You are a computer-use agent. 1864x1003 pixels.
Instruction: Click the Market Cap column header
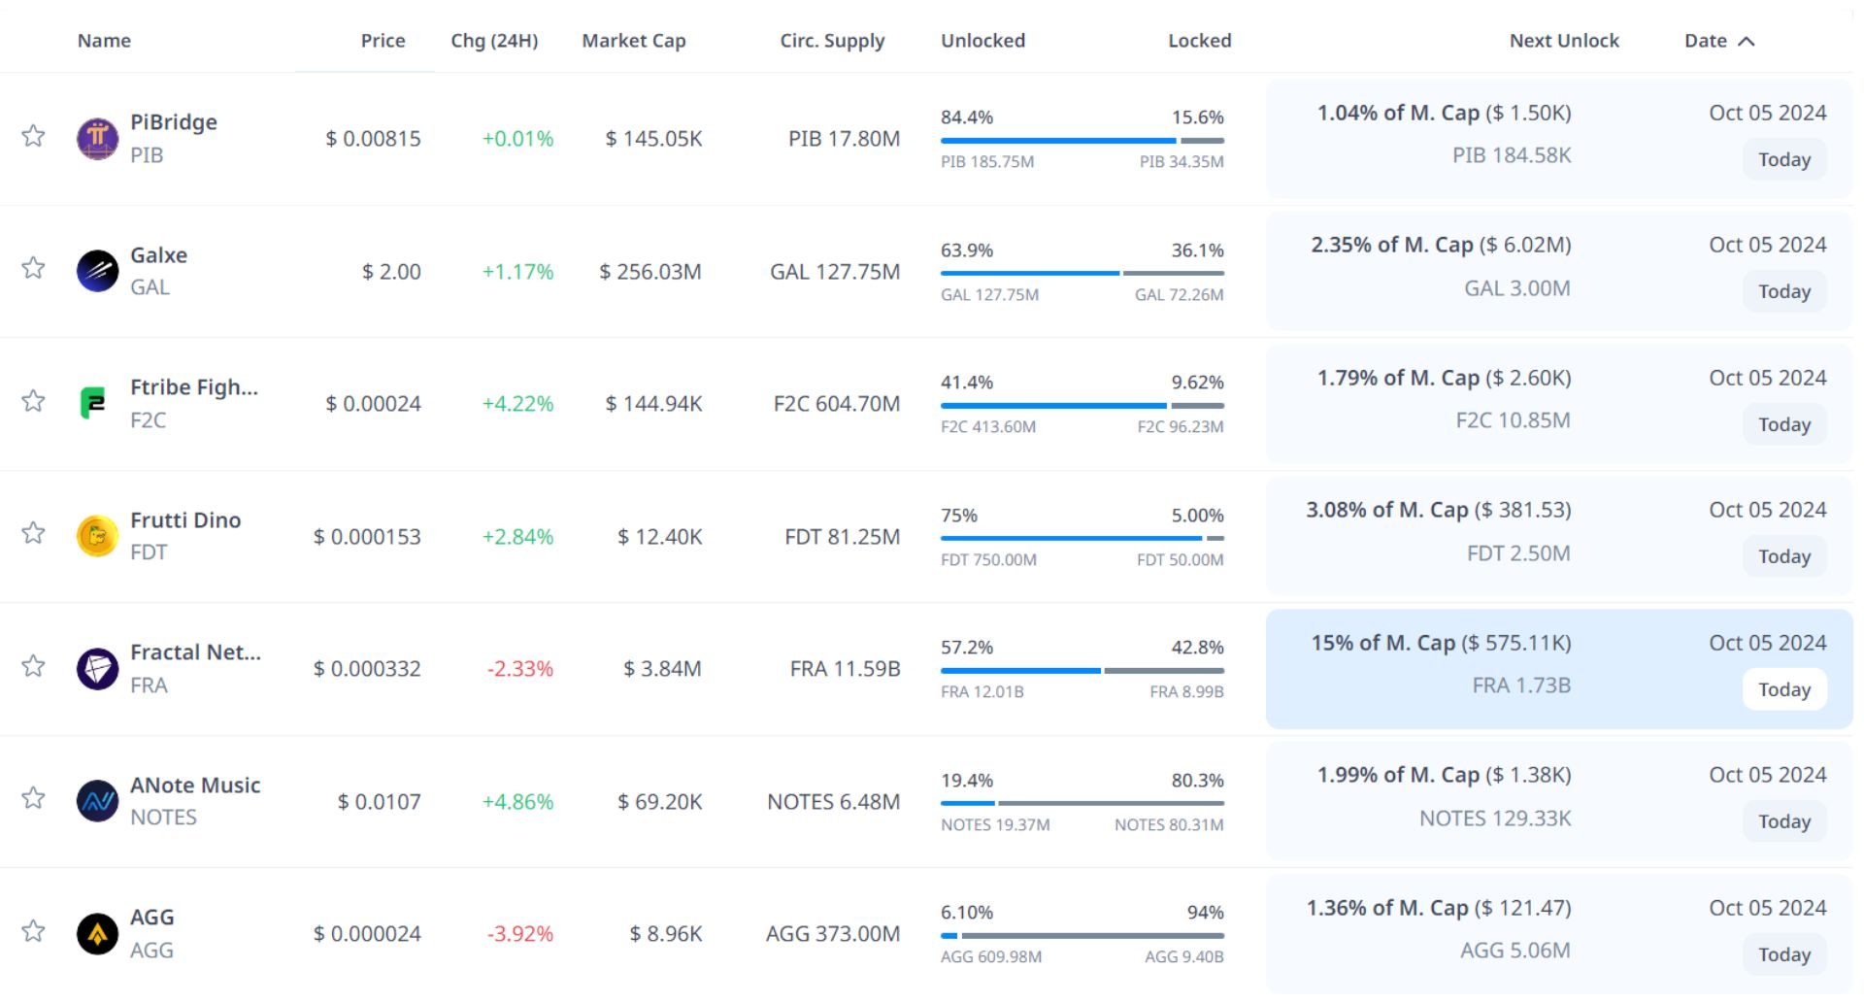click(x=633, y=41)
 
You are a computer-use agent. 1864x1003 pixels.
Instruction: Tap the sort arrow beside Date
click(x=1746, y=41)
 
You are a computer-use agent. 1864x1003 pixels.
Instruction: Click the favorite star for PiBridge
click(x=34, y=136)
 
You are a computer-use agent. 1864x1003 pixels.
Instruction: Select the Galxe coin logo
click(x=97, y=271)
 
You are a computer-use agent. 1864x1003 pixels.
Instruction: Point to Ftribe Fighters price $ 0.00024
click(x=373, y=404)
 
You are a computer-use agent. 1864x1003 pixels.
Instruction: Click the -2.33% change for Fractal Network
click(x=519, y=669)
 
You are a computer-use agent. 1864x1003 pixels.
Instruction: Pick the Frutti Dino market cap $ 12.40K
click(x=659, y=537)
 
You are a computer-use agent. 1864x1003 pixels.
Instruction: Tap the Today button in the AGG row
click(x=1783, y=954)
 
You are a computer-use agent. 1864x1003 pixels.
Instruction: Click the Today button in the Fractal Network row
click(x=1783, y=689)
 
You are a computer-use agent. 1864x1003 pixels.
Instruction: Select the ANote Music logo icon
click(x=97, y=801)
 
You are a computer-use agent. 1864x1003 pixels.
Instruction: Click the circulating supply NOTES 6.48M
click(x=833, y=802)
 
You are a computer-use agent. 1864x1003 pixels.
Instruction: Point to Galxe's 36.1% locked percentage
click(x=1197, y=251)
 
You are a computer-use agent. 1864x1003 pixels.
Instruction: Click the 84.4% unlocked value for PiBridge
click(x=966, y=117)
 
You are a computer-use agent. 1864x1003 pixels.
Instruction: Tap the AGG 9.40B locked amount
click(x=1183, y=956)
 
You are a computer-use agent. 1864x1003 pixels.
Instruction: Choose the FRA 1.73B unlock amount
click(x=1520, y=685)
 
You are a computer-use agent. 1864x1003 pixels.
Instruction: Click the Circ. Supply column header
click(x=832, y=41)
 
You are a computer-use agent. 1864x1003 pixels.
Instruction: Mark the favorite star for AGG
click(x=34, y=931)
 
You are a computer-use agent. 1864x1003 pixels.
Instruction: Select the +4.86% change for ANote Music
click(x=517, y=802)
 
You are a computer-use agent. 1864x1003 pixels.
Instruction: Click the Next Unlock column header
click(x=1563, y=41)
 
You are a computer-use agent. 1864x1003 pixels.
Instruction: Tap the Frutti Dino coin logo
click(x=97, y=536)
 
